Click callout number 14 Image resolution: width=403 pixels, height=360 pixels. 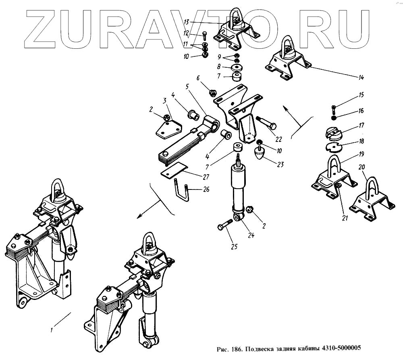(x=361, y=77)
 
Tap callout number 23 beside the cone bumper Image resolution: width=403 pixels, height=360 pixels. (x=280, y=164)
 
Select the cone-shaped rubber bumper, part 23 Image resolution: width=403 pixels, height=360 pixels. (x=260, y=153)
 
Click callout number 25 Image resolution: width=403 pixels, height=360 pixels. (x=234, y=247)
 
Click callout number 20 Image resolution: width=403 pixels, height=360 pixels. (x=361, y=167)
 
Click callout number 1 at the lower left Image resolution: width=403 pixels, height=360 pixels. (x=52, y=330)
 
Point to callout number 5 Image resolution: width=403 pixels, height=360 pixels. (x=187, y=87)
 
